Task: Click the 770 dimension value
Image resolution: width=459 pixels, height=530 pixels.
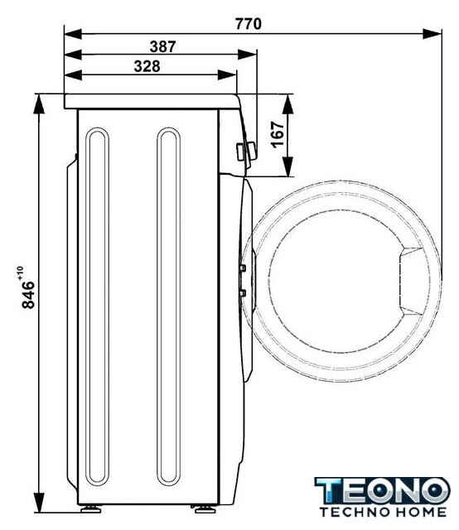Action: [249, 24]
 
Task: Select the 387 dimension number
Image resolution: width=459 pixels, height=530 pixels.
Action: [162, 46]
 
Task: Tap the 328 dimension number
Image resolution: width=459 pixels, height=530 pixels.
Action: [147, 66]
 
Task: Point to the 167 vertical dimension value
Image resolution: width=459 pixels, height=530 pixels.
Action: [278, 134]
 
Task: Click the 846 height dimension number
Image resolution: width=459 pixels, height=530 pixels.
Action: [28, 295]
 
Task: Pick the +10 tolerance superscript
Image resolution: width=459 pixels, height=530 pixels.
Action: [20, 272]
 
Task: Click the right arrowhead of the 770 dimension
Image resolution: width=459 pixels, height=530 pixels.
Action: [432, 34]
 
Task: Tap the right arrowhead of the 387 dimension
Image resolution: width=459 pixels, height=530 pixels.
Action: [247, 55]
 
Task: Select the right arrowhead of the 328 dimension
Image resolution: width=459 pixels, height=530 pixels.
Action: [227, 75]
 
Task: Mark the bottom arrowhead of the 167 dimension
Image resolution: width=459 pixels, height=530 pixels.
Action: [287, 167]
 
